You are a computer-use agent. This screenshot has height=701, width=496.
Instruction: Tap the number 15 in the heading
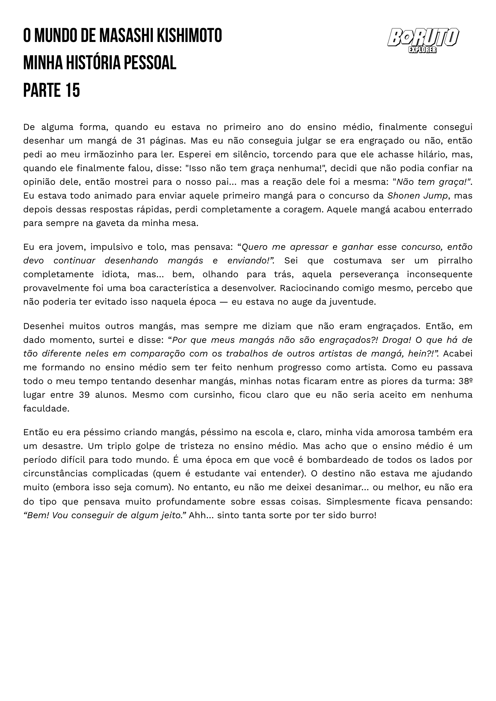[73, 91]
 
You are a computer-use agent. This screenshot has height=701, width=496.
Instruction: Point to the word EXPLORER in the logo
[422, 50]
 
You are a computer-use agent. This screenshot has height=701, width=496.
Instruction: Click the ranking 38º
[465, 381]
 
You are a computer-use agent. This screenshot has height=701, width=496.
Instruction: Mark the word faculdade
[46, 409]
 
